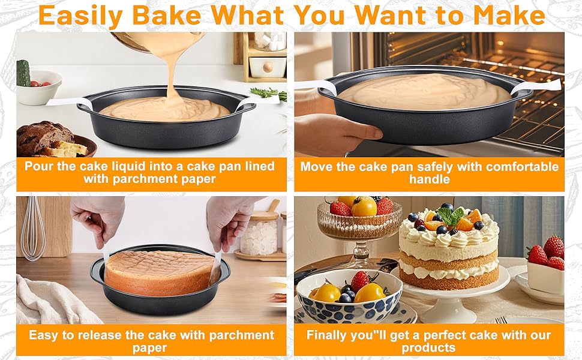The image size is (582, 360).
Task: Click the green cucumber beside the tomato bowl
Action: click(x=23, y=73)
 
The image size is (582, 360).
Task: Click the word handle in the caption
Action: click(x=429, y=179)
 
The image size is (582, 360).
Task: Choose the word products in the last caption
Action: click(x=428, y=348)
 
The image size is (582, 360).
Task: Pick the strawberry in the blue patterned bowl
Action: click(x=359, y=280)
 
